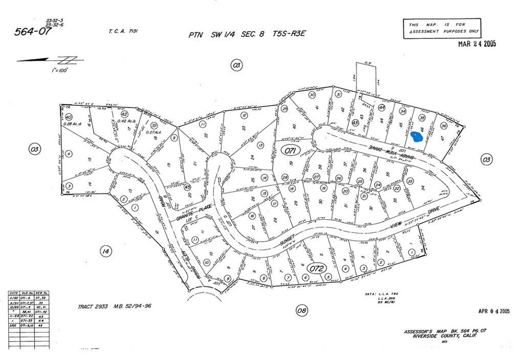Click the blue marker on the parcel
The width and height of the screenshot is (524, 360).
(416, 137)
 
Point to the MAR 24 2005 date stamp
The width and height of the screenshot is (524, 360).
(477, 44)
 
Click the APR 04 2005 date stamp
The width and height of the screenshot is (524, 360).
(494, 311)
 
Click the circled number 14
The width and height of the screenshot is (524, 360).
(104, 251)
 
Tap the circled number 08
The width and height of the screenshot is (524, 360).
(302, 310)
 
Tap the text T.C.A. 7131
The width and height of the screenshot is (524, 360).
(123, 32)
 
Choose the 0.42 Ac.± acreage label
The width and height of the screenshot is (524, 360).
(125, 121)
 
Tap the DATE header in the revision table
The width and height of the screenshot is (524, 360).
(14, 293)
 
